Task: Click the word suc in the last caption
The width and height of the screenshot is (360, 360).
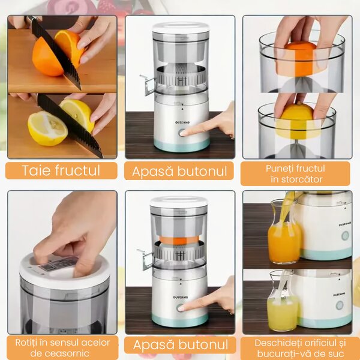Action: click(x=337, y=354)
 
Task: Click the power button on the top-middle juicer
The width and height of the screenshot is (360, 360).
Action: click(x=182, y=133)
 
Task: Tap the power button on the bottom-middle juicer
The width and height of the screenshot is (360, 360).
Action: click(x=180, y=308)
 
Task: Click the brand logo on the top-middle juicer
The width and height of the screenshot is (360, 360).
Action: click(x=182, y=122)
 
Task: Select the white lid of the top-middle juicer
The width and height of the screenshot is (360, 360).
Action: click(x=181, y=28)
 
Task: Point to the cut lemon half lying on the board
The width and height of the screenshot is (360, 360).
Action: click(x=47, y=128)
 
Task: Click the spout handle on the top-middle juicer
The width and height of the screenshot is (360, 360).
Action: click(x=147, y=85)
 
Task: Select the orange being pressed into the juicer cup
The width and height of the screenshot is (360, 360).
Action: click(x=301, y=59)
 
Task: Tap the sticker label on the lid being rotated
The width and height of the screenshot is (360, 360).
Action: click(x=58, y=264)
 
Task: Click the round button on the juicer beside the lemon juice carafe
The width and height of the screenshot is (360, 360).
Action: click(x=340, y=305)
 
